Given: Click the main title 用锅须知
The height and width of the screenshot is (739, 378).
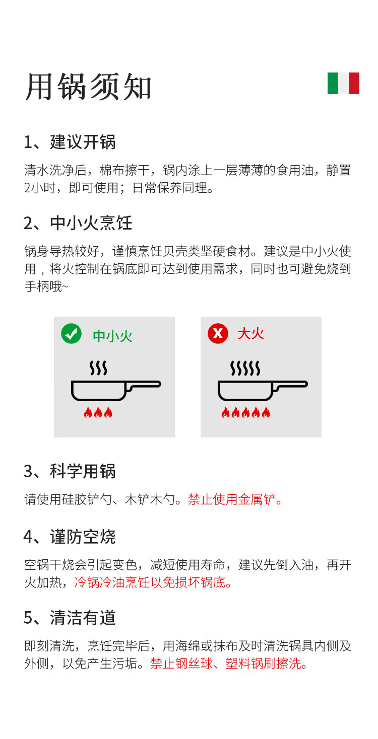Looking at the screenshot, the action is (88, 87).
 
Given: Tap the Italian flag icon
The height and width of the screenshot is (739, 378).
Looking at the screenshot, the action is (343, 83).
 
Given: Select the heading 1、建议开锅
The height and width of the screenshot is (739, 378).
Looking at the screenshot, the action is (70, 142).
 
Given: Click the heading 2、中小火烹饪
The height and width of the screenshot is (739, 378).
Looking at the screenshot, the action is (78, 223).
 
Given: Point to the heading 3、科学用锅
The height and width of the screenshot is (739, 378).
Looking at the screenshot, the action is (70, 471).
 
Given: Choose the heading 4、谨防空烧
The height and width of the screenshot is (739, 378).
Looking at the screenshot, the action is (70, 537).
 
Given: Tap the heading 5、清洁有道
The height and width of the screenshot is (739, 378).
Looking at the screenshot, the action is (70, 618).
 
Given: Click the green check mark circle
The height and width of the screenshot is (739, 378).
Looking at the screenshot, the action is (72, 334).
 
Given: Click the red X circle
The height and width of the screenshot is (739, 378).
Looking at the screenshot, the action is (218, 334).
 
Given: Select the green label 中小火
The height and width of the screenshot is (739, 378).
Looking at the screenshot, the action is (112, 336).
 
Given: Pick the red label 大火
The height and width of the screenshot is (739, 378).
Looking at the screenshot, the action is (251, 334).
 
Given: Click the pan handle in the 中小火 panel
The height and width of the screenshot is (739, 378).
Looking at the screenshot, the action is (144, 385).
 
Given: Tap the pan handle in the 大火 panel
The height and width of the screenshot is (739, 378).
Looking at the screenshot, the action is (290, 385).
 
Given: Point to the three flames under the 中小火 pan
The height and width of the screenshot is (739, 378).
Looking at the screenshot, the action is (98, 412).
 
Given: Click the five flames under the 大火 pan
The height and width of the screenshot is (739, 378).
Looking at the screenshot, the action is (245, 412).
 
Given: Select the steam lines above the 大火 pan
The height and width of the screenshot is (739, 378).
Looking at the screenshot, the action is (245, 368).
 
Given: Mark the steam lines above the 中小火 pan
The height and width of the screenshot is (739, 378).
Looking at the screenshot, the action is (98, 368).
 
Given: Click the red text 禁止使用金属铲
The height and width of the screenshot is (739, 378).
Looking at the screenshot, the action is (235, 499).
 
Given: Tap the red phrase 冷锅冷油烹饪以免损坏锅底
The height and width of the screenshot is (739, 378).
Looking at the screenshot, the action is (153, 582).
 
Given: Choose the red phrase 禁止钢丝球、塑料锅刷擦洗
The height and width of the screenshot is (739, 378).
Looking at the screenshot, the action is (229, 663).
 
